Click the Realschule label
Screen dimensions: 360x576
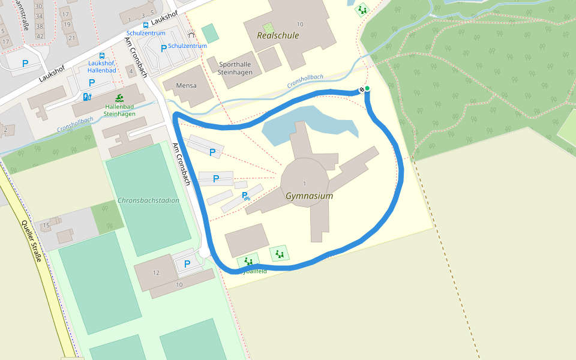coord(278,35)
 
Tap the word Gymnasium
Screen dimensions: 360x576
coord(309,196)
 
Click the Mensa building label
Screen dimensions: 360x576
coord(186,86)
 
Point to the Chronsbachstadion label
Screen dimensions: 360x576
coord(148,200)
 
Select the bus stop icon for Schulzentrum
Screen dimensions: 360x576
coord(146,25)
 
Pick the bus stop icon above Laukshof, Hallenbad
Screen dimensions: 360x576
coord(101,55)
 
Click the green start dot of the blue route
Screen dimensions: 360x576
coord(367,89)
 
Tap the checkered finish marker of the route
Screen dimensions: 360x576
coord(362,90)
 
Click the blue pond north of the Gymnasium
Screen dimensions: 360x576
coord(312,123)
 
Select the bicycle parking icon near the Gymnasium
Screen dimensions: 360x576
coord(245,195)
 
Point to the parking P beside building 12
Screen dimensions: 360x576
coord(187,264)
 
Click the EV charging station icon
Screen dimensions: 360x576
coord(88,97)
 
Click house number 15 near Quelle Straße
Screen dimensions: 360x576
coord(46,225)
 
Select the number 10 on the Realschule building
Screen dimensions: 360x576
coord(300,24)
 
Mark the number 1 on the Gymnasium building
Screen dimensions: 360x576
coord(305,183)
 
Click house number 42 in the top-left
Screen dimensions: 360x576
coord(40,36)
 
